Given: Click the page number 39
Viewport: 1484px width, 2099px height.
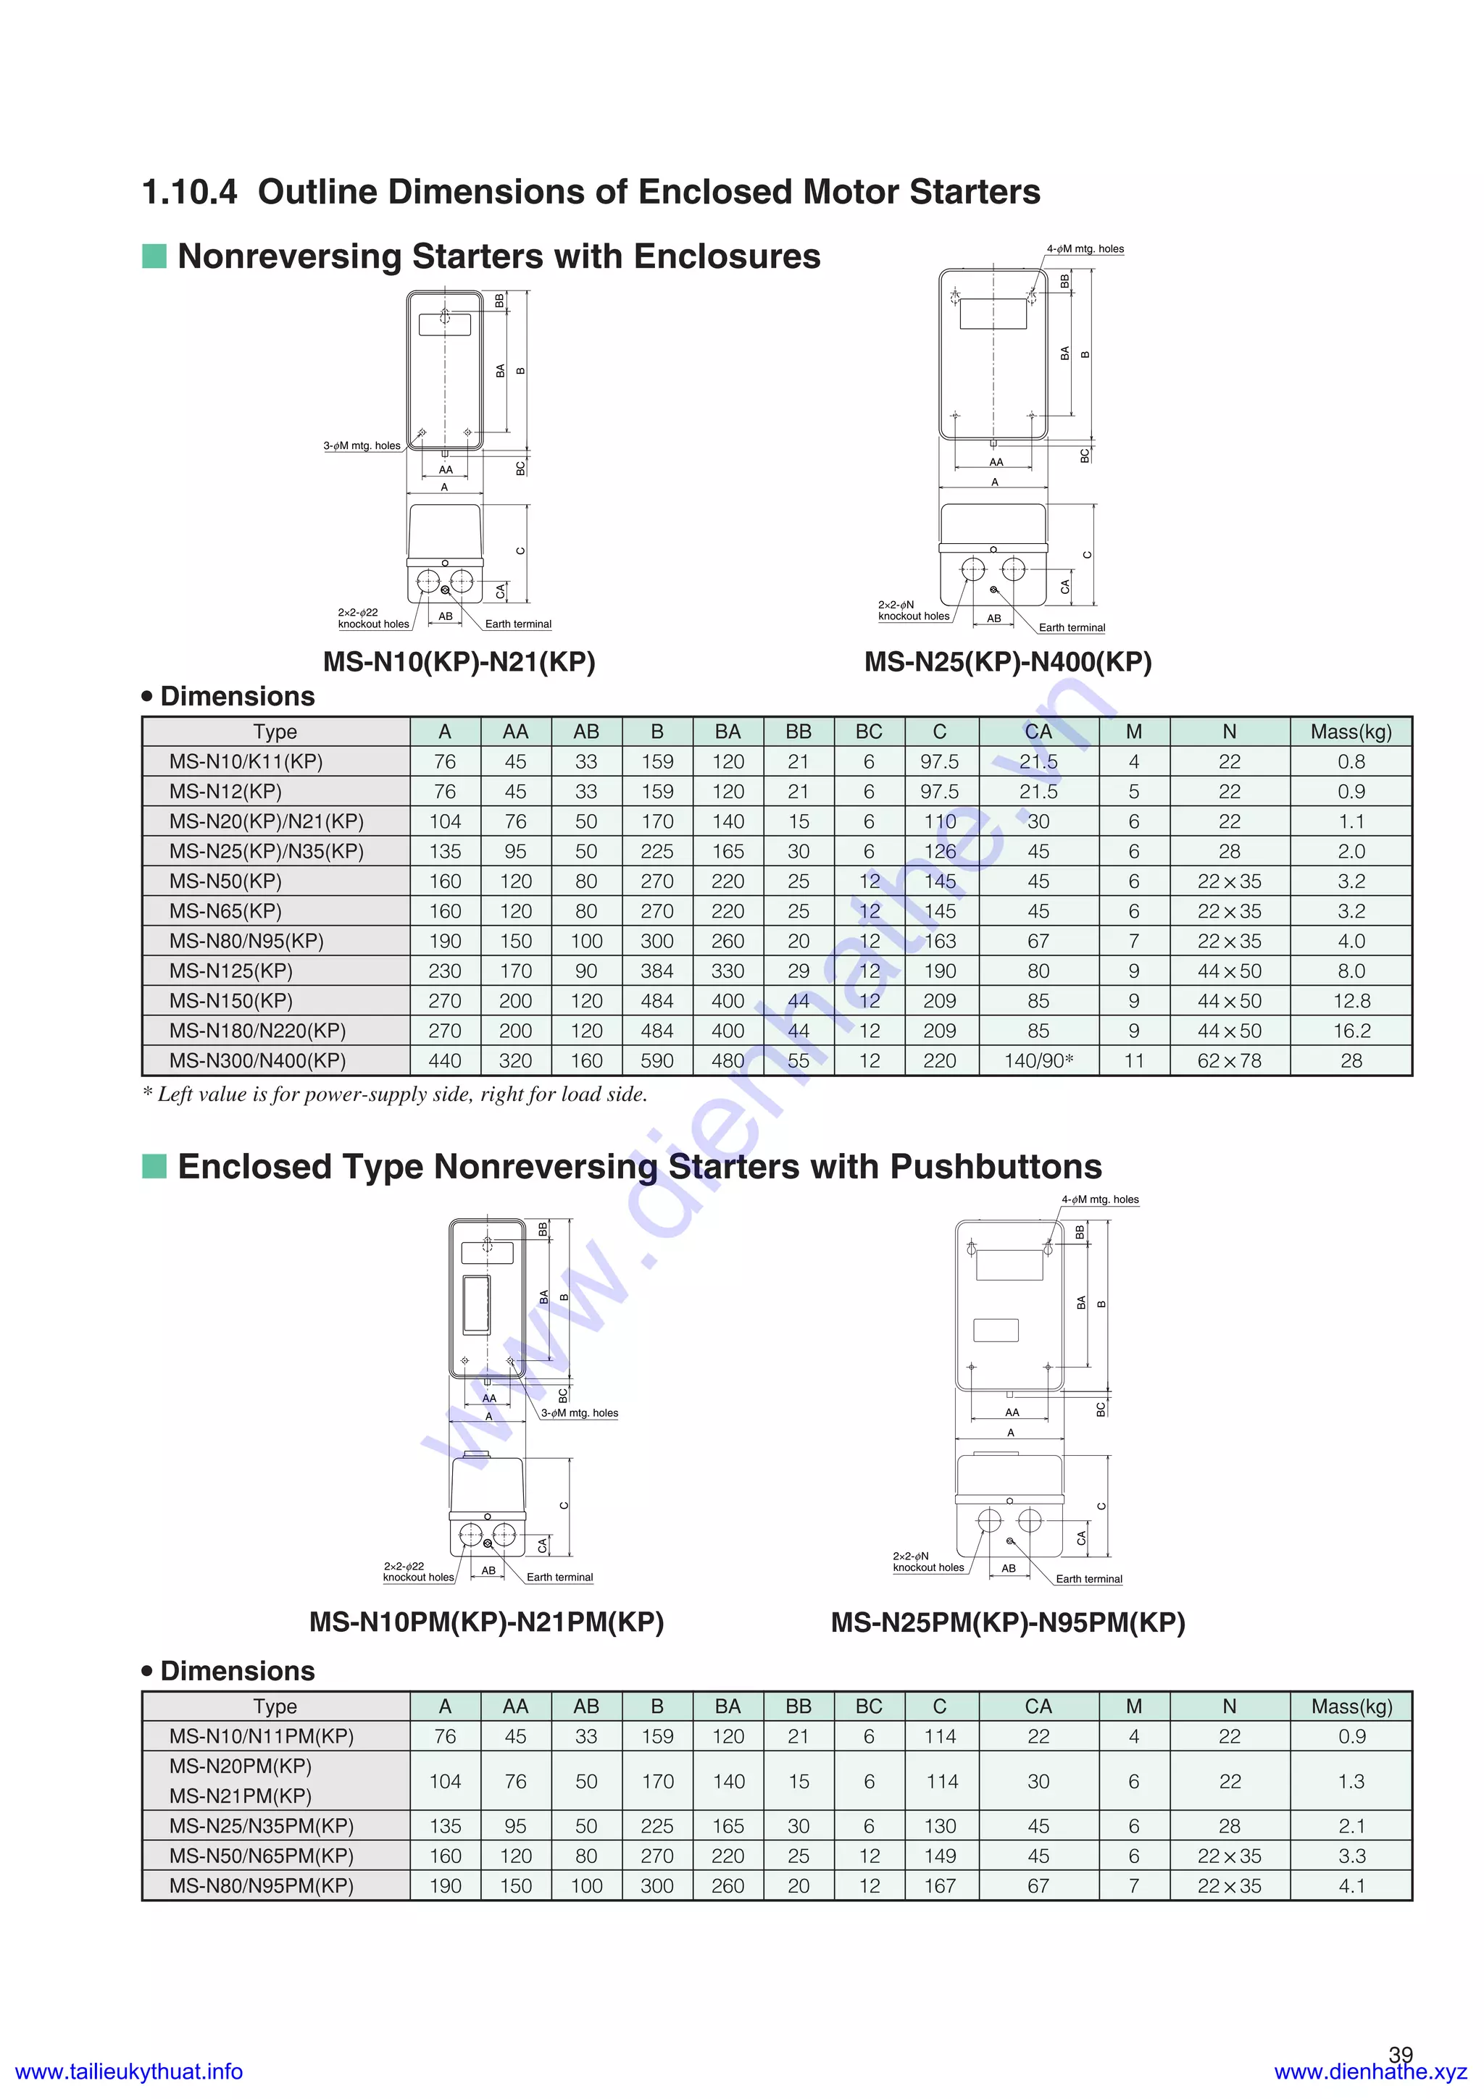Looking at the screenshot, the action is click(1400, 2054).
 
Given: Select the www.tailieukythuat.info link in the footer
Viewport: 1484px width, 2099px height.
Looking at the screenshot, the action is click(129, 2071).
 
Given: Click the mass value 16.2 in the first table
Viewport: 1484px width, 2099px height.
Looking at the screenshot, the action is click(1351, 1030).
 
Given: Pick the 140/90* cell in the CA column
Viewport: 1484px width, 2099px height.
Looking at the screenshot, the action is click(1038, 1060).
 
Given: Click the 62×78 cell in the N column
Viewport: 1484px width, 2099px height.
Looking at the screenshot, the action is click(1229, 1060).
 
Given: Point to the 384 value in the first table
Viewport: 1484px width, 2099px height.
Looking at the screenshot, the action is click(656, 971).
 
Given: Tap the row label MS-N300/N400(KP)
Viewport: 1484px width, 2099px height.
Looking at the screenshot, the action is click(257, 1060).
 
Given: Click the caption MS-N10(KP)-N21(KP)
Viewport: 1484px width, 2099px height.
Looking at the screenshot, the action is click(459, 661).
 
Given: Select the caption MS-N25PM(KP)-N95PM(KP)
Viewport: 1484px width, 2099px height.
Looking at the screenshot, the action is click(1008, 1622).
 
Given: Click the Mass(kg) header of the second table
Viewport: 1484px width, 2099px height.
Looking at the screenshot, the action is click(1351, 1706).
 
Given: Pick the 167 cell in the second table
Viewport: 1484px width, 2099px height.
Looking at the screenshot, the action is click(939, 1885).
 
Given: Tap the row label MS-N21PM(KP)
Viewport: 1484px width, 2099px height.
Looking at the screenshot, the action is click(241, 1796).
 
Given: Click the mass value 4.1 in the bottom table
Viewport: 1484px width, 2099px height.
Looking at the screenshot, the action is click(1351, 1885).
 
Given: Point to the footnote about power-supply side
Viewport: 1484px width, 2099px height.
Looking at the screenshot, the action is click(394, 1094).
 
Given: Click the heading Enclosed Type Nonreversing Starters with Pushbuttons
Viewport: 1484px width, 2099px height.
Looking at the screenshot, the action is click(639, 1167).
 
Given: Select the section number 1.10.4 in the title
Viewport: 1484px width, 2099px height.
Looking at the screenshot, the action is click(189, 192).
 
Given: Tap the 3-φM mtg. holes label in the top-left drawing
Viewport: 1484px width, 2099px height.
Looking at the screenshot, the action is click(362, 446).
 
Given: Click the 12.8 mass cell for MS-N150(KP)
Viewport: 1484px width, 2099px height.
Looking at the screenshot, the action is click(1351, 1001).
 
